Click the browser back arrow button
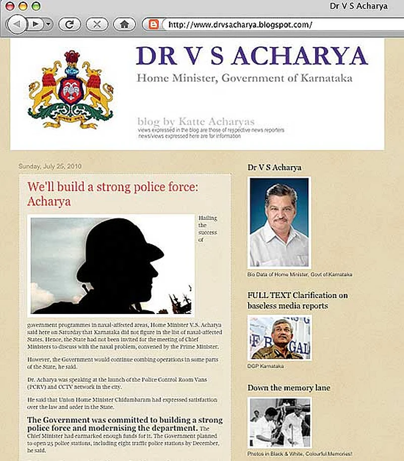(x=18, y=24)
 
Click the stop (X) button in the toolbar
(x=97, y=24)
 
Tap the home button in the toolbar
(x=124, y=24)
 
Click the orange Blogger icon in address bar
(x=153, y=24)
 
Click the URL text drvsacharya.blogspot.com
(x=240, y=24)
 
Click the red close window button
(x=10, y=7)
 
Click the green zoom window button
(x=36, y=7)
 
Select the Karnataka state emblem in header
(x=71, y=89)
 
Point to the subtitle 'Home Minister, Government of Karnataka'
(x=245, y=78)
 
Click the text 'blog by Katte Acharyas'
(x=196, y=121)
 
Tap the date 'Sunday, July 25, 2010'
(x=50, y=166)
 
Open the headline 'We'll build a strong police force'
(x=113, y=194)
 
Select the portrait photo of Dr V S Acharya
(x=279, y=222)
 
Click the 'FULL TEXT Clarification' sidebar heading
(x=298, y=300)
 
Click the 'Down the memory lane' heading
(x=288, y=388)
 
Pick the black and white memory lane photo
(x=279, y=423)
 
